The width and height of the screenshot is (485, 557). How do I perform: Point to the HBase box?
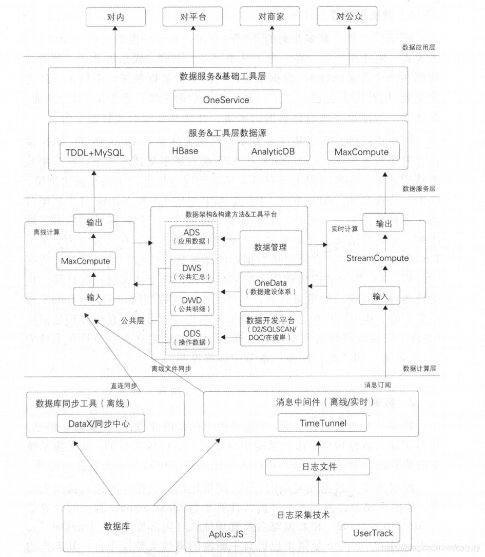[183, 152]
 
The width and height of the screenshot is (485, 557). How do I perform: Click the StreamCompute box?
[377, 258]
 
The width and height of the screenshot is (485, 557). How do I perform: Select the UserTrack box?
[373, 533]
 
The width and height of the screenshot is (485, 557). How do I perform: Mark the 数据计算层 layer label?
[419, 368]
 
